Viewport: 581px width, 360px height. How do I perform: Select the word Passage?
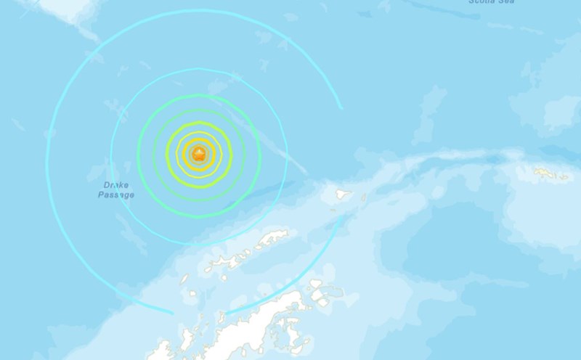click(117, 195)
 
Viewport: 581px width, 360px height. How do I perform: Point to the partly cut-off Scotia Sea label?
click(492, 2)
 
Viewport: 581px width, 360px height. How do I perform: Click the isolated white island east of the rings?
click(341, 195)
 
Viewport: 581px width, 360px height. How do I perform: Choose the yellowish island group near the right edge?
click(552, 173)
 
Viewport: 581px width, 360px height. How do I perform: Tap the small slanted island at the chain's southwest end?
click(184, 279)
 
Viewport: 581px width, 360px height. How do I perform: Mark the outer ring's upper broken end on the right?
click(341, 107)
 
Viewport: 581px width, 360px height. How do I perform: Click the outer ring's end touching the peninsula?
click(227, 314)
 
